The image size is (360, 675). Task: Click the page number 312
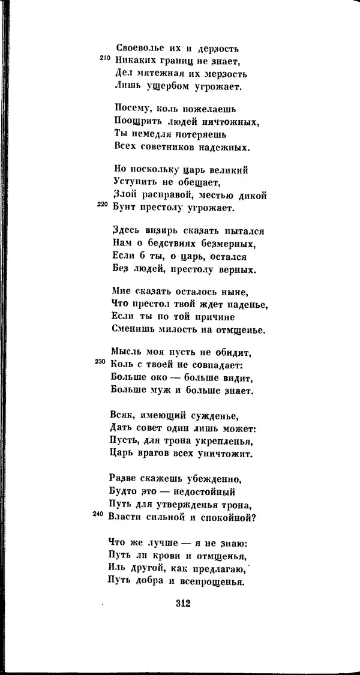[179, 604]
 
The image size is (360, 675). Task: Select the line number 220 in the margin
[103, 205]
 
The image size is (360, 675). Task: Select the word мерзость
[221, 74]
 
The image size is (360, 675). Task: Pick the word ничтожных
[231, 122]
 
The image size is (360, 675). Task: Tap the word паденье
[247, 305]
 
